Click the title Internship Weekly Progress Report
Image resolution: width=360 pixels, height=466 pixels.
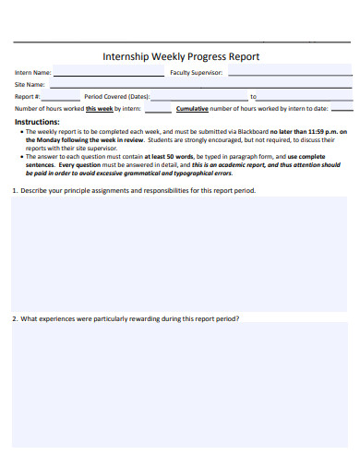coord(180,56)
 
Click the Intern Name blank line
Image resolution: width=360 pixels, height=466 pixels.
coord(109,74)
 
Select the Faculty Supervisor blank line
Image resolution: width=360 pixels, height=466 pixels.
coord(287,74)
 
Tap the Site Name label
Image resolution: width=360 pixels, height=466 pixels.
coord(30,84)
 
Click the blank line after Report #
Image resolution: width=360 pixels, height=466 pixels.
coord(61,97)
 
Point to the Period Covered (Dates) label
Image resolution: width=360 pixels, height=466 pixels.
coord(116,96)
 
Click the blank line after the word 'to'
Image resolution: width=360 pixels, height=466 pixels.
coord(305,97)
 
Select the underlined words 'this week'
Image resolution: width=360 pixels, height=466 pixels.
coord(99,108)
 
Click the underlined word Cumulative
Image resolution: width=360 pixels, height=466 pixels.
coord(192,108)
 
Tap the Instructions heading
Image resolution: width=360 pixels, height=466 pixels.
coord(37,121)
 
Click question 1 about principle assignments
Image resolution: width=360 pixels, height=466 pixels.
coord(134,191)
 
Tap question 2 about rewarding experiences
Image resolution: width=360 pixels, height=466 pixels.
coord(126,318)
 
